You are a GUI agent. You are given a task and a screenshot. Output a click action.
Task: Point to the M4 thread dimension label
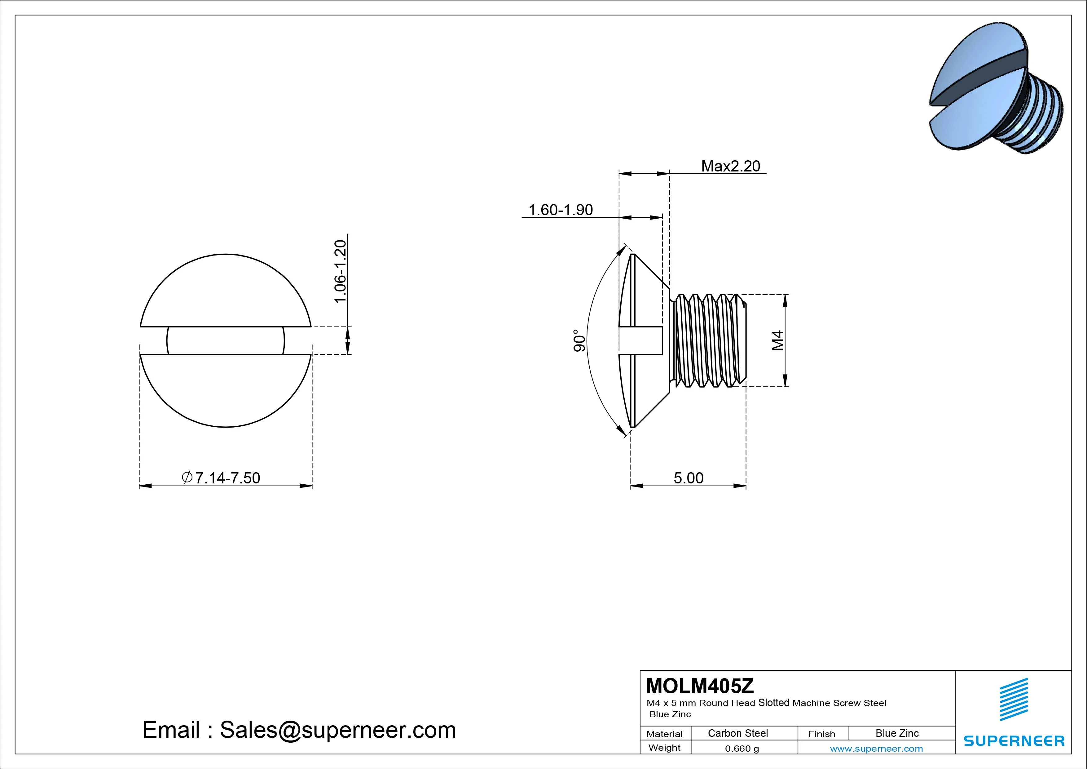pyautogui.click(x=778, y=341)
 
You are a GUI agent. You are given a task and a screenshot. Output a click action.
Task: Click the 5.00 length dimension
pyautogui.click(x=689, y=478)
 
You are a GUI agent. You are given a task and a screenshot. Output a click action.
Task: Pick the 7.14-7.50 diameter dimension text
pyautogui.click(x=221, y=478)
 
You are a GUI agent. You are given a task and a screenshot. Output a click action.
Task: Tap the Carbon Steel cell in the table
pyautogui.click(x=737, y=733)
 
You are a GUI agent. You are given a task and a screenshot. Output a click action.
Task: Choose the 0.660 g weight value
pyautogui.click(x=742, y=749)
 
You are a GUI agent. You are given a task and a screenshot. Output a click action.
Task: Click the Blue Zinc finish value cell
pyautogui.click(x=897, y=733)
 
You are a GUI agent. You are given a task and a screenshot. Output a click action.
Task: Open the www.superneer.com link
pyautogui.click(x=876, y=749)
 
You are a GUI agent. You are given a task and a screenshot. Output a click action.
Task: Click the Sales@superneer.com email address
pyautogui.click(x=337, y=730)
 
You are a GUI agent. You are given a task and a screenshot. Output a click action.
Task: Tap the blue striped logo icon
pyautogui.click(x=1014, y=699)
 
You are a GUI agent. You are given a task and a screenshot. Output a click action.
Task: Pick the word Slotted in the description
pyautogui.click(x=774, y=702)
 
